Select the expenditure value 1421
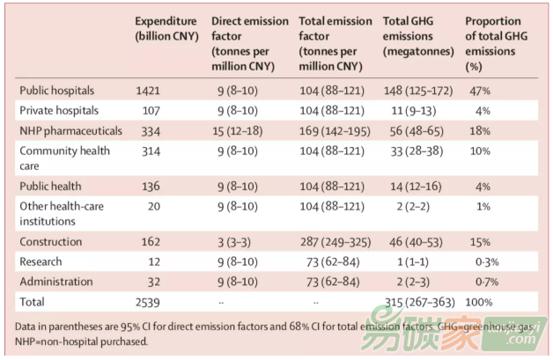point(151,90)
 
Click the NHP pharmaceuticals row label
point(70,130)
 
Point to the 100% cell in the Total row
point(481,303)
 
